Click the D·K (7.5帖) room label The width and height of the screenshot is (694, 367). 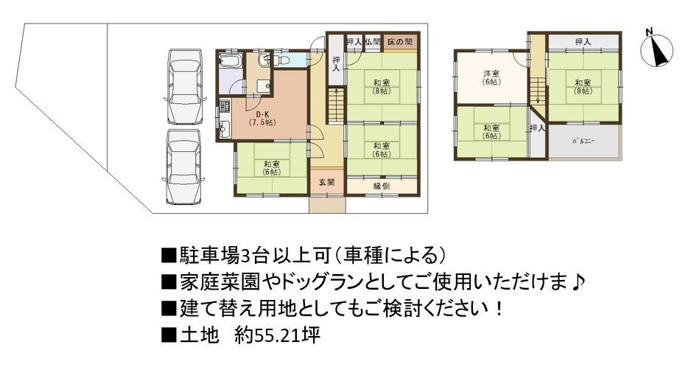tap(262, 119)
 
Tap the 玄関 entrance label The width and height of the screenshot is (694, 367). tap(326, 182)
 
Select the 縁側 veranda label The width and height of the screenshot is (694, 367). tap(381, 186)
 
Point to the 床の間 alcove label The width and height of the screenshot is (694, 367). tap(399, 43)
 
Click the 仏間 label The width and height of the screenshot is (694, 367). tap(373, 43)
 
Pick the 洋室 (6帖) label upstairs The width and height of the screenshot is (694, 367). tap(491, 78)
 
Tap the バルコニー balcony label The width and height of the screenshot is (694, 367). tap(583, 141)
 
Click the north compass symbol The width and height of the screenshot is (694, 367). tap(657, 49)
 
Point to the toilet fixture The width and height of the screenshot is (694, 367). tap(281, 59)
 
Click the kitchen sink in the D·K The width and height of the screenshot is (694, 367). tap(223, 127)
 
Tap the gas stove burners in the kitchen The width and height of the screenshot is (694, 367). tap(224, 107)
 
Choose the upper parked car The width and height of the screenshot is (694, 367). tap(185, 86)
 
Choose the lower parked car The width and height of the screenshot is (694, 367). tap(184, 167)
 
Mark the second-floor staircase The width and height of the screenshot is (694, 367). tap(539, 91)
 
